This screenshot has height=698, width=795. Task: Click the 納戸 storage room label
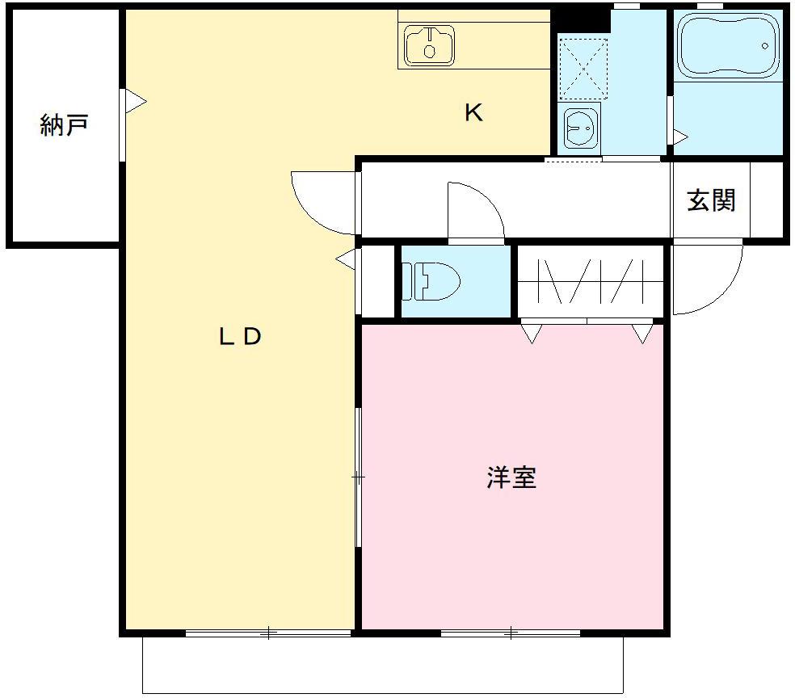click(x=64, y=125)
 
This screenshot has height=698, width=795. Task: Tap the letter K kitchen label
click(x=473, y=113)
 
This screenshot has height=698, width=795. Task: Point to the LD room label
click(x=241, y=337)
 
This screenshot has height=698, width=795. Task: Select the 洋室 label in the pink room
click(x=511, y=477)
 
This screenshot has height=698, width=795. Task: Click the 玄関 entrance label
click(x=711, y=200)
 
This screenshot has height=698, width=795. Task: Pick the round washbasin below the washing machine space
click(x=580, y=127)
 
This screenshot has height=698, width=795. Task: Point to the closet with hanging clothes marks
click(x=590, y=281)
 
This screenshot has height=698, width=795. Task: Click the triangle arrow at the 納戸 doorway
click(x=136, y=102)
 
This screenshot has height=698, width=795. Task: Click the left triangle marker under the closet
click(x=531, y=332)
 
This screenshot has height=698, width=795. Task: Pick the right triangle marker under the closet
click(x=642, y=332)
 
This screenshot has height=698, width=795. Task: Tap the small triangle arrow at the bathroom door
click(x=680, y=136)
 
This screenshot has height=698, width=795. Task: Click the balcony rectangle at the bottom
click(x=383, y=664)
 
